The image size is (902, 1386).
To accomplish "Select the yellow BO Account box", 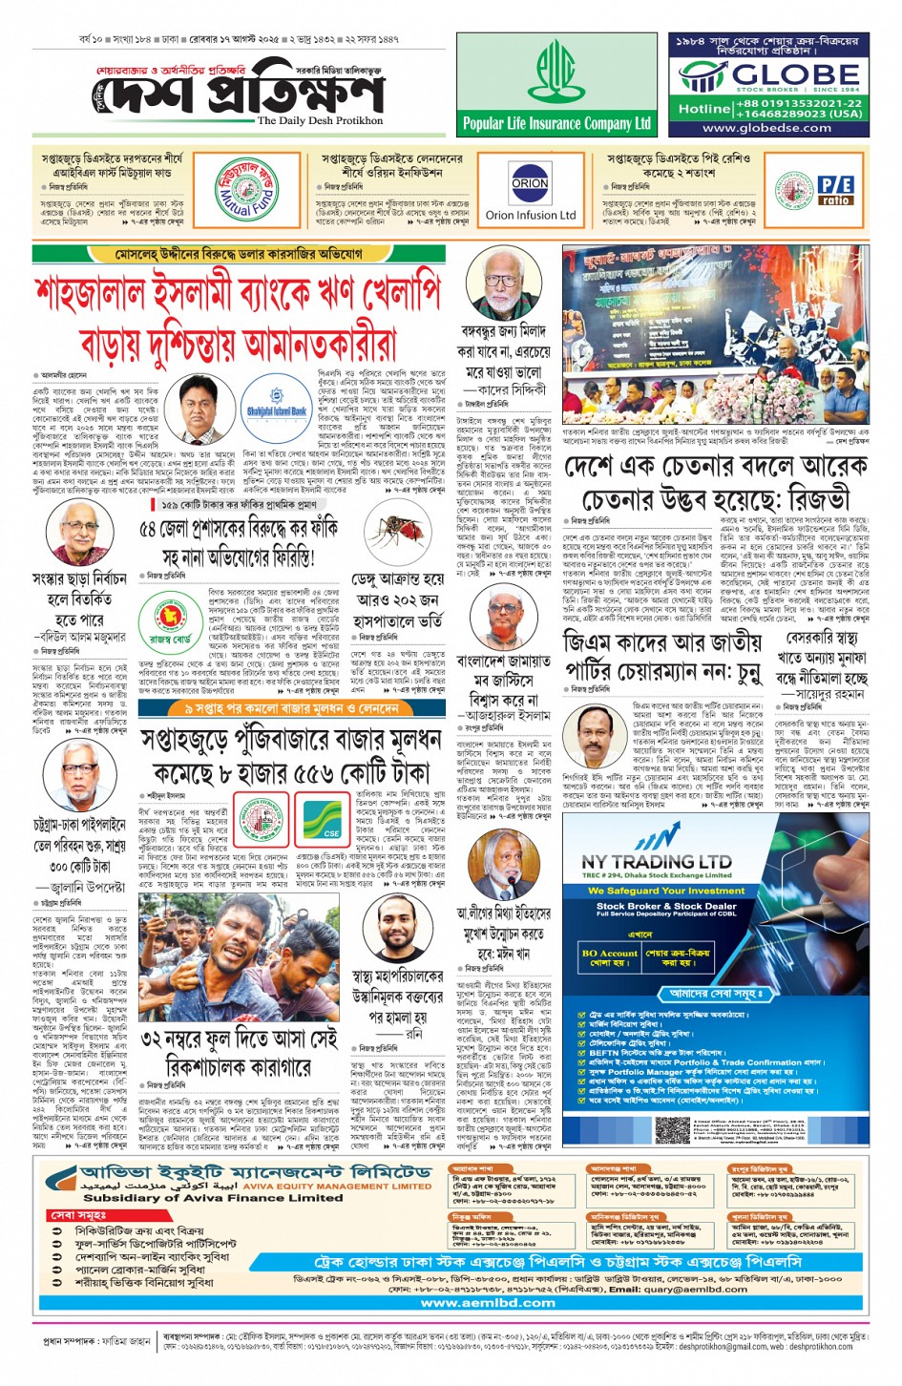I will tap(609, 957).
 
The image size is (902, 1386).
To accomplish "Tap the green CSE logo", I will tap(331, 818).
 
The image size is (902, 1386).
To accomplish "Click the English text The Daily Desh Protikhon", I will tap(319, 121).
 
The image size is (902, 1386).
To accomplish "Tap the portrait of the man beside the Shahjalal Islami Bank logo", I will tap(200, 407).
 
